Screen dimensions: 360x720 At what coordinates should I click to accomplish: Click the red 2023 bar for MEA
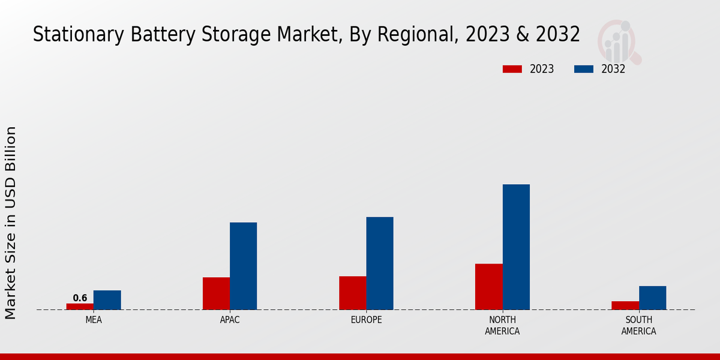80,307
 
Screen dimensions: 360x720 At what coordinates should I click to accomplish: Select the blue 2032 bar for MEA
107,300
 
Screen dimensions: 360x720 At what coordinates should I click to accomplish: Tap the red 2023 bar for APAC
216,293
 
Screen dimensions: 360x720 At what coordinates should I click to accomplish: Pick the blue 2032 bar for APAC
243,266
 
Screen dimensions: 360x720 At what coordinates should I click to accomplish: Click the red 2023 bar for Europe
352,293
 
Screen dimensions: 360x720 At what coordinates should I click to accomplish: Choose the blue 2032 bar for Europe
380,263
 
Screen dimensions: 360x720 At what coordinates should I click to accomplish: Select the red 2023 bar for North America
488,287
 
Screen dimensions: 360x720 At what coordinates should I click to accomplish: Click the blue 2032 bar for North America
516,247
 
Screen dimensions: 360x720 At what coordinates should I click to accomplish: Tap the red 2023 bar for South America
625,305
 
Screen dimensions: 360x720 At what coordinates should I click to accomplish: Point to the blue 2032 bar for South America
652,298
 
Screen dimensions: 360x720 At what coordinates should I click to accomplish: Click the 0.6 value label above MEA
80,298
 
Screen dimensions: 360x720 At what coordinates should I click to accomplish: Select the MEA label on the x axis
94,320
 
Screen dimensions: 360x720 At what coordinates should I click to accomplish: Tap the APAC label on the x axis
230,320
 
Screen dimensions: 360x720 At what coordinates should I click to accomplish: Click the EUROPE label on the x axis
366,320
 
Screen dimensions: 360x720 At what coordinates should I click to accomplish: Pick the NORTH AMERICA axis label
502,325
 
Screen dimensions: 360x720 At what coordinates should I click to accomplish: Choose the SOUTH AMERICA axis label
638,325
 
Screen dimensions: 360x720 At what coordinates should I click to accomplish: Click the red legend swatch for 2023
512,69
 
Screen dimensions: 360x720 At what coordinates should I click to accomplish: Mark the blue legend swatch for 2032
584,69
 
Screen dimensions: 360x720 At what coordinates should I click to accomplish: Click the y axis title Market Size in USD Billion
11,223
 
